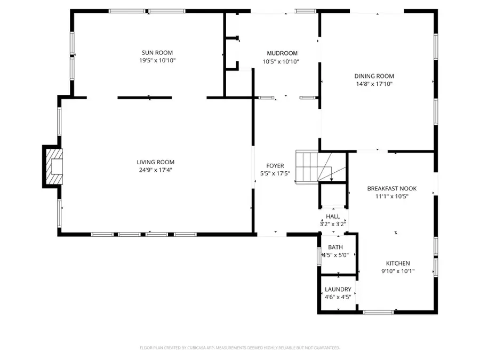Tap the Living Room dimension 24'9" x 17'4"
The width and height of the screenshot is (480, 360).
[155, 170]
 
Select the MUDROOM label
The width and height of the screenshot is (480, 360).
[282, 53]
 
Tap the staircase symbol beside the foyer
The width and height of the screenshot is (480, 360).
[315, 166]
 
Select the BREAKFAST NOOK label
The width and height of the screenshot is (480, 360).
[392, 188]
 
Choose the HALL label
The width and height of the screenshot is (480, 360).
[333, 217]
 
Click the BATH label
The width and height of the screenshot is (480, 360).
[335, 247]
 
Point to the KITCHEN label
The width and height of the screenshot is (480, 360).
[398, 263]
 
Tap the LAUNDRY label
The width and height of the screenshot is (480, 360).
[338, 290]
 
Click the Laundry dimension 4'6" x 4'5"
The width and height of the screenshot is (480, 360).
[338, 297]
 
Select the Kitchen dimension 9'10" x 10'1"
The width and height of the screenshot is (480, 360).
[398, 271]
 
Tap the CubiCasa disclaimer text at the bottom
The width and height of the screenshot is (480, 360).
[239, 348]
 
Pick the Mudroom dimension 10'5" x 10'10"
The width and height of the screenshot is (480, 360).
[281, 61]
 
